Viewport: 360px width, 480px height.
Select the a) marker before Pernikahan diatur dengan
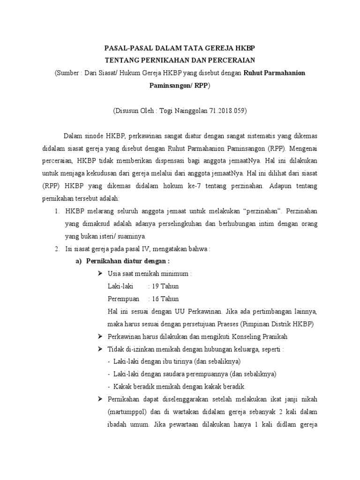coord(79,261)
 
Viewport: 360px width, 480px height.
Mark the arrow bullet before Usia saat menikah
coord(99,273)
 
